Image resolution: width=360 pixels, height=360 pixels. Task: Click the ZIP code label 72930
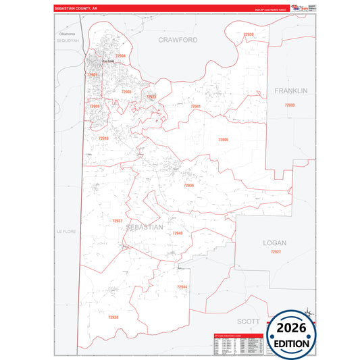pyautogui.click(x=249, y=34)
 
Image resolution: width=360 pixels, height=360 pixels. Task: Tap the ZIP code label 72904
pyautogui.click(x=120, y=56)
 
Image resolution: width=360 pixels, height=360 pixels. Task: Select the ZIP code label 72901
pyautogui.click(x=93, y=74)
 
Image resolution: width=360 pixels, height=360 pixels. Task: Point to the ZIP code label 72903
pyautogui.click(x=126, y=91)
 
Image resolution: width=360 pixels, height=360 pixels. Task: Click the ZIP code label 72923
pyautogui.click(x=151, y=97)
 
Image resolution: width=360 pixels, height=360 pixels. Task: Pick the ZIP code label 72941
pyautogui.click(x=195, y=106)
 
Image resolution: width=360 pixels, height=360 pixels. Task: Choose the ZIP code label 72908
pyautogui.click(x=95, y=106)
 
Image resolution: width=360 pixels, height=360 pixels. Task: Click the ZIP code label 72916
pyautogui.click(x=103, y=138)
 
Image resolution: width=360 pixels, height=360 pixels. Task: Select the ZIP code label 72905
pyautogui.click(x=223, y=139)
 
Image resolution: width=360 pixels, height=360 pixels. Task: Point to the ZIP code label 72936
pyautogui.click(x=188, y=184)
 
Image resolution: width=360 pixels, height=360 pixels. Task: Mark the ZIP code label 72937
pyautogui.click(x=118, y=221)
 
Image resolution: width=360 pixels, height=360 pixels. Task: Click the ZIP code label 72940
pyautogui.click(x=178, y=233)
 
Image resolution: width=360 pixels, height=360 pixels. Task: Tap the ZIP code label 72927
pyautogui.click(x=276, y=251)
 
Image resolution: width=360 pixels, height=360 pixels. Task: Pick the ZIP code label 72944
pyautogui.click(x=182, y=287)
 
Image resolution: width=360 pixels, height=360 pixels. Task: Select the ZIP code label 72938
pyautogui.click(x=113, y=317)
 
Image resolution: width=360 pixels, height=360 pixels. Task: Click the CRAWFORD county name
pyautogui.click(x=178, y=40)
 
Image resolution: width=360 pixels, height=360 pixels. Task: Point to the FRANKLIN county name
pyautogui.click(x=291, y=90)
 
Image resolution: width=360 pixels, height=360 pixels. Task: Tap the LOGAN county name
pyautogui.click(x=275, y=242)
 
